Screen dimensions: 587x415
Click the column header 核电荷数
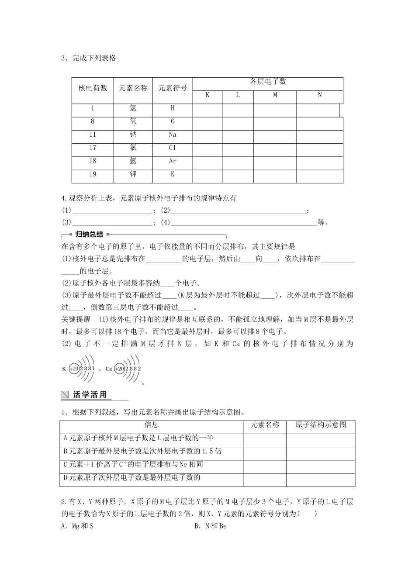[93, 88]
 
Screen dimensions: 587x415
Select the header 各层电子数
[268, 82]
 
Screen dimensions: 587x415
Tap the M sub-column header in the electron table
[275, 95]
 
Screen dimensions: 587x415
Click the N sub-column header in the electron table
[320, 95]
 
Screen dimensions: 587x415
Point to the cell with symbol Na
[173, 135]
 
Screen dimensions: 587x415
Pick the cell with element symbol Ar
[173, 161]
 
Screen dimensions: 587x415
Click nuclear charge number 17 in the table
[93, 148]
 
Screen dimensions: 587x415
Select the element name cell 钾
[133, 174]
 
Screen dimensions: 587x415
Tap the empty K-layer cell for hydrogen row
[207, 109]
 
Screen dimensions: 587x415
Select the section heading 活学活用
[90, 395]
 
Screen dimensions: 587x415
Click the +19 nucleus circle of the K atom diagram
[74, 369]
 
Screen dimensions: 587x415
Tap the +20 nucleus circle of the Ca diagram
[119, 369]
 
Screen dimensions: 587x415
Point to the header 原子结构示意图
[321, 425]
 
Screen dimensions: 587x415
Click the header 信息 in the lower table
[151, 425]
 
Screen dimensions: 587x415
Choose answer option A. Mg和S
[78, 526]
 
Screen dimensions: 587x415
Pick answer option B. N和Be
[211, 526]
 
